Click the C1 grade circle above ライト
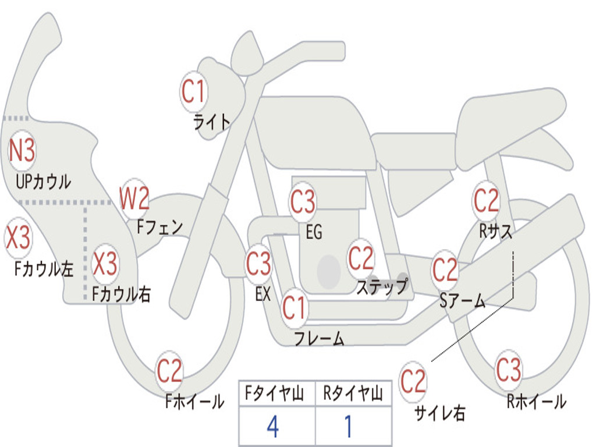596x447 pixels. click(194, 91)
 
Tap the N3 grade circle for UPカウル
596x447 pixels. click(22, 151)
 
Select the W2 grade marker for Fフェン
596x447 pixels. click(134, 198)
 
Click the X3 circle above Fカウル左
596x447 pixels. click(18, 237)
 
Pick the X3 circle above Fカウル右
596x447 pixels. click(105, 264)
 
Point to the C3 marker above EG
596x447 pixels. click(303, 202)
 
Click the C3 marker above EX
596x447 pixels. click(258, 264)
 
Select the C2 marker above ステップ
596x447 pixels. click(361, 258)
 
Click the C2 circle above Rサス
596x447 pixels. click(486, 201)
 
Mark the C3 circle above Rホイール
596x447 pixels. click(509, 370)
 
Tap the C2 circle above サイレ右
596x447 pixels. click(413, 382)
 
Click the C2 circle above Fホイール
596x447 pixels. click(170, 371)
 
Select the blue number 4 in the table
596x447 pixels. click(272, 427)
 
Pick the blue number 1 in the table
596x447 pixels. click(347, 427)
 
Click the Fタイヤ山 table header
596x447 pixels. click(274, 395)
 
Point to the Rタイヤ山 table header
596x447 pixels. click(353, 395)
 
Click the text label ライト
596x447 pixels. click(212, 122)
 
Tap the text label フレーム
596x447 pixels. click(319, 338)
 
